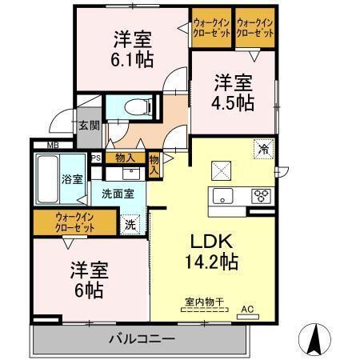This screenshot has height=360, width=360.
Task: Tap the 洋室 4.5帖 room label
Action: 234,91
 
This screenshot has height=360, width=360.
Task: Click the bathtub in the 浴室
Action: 48,178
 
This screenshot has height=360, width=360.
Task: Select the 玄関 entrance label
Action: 89,125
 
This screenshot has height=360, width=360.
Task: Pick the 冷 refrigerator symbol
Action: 262,148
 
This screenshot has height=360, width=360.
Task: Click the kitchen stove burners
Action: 262,195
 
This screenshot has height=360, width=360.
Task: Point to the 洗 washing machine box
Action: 130,225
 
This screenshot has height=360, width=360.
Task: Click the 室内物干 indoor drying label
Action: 202,302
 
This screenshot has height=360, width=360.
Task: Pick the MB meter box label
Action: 52,146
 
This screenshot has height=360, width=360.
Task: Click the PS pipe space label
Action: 96,158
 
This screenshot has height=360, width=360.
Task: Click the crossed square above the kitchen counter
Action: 219,170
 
